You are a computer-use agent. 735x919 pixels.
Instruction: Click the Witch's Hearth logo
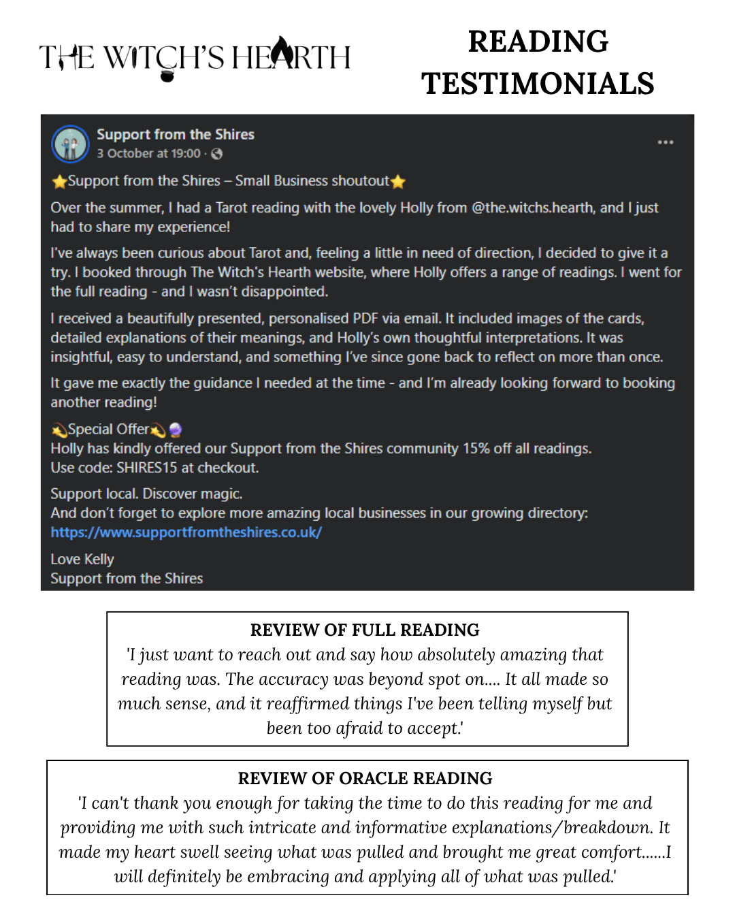195,58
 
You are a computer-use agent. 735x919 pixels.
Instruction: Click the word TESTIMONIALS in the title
538,84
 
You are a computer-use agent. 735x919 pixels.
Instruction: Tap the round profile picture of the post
70,144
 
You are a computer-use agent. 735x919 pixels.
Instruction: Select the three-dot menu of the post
665,142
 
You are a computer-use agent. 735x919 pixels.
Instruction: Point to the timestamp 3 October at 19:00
148,154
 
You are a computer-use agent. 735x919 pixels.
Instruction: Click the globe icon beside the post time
217,154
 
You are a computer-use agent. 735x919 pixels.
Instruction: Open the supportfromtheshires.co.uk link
186,532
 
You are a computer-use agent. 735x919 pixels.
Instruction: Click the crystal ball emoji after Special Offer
176,430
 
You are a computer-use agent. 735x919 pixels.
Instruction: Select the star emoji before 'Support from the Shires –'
59,181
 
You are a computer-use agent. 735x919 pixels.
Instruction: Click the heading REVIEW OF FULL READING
365,630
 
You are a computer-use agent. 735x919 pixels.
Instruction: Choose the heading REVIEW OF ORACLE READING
365,778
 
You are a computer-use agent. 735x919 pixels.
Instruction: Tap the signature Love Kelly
82,559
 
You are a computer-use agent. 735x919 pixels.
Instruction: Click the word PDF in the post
365,319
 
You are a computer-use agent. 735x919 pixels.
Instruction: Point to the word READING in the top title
538,42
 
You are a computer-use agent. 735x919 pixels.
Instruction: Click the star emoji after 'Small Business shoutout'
398,181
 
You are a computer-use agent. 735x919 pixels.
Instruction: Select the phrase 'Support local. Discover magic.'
146,494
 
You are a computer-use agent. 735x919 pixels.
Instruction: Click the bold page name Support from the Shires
176,134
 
